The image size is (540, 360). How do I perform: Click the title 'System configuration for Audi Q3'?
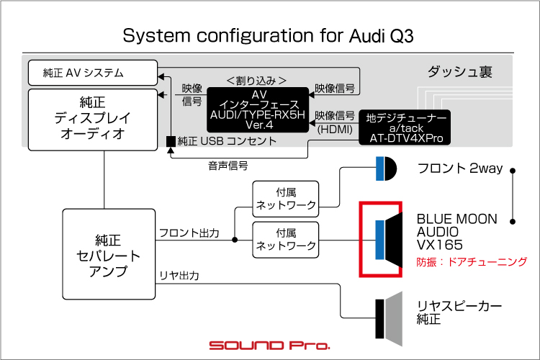pyautogui.click(x=268, y=36)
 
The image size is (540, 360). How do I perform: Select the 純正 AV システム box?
pyautogui.click(x=93, y=73)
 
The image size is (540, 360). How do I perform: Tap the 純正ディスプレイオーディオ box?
pyautogui.click(x=93, y=120)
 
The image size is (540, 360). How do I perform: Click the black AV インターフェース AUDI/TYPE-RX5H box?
pyautogui.click(x=258, y=109)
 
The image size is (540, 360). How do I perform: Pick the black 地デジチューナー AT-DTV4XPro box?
pyautogui.click(x=405, y=127)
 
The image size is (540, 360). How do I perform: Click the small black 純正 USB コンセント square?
pyautogui.click(x=171, y=141)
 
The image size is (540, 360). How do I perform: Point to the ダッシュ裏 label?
pyautogui.click(x=460, y=72)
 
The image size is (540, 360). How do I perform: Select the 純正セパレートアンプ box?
pyautogui.click(x=109, y=254)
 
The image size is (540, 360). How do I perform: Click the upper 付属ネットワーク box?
pyautogui.click(x=286, y=199)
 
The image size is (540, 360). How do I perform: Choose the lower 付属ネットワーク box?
pyautogui.click(x=286, y=240)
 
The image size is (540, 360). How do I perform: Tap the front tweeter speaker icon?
pyautogui.click(x=386, y=168)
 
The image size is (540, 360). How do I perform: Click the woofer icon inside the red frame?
pyautogui.click(x=389, y=240)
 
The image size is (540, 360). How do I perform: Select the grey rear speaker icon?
pyautogui.click(x=389, y=319)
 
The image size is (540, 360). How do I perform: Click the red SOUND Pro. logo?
pyautogui.click(x=270, y=345)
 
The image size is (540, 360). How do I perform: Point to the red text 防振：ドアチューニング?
pyautogui.click(x=472, y=262)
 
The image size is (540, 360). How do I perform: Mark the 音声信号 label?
pyautogui.click(x=228, y=166)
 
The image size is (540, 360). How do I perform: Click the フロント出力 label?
pyautogui.click(x=189, y=233)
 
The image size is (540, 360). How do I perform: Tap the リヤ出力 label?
pyautogui.click(x=179, y=276)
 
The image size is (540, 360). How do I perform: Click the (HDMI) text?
pyautogui.click(x=335, y=130)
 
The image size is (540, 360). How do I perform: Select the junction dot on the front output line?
pyautogui.click(x=235, y=240)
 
